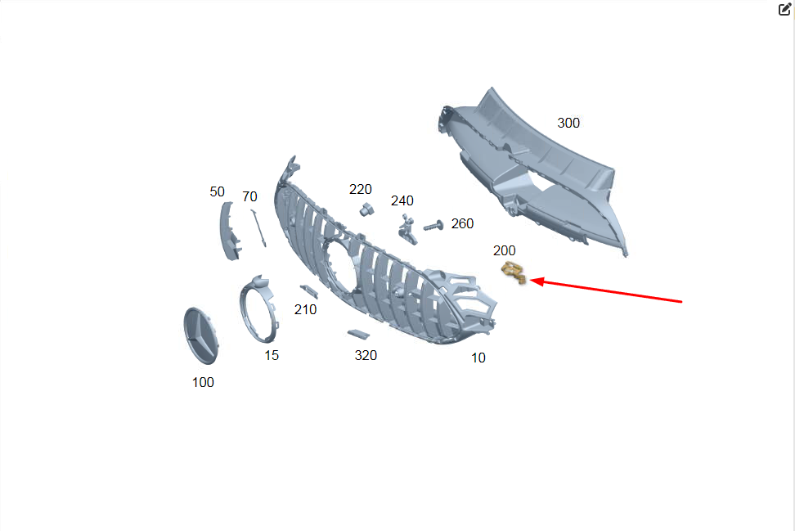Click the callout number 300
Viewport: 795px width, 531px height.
click(x=568, y=123)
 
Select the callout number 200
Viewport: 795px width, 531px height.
click(x=504, y=250)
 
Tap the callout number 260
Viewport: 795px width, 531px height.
click(x=462, y=223)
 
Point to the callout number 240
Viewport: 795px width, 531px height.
click(x=402, y=200)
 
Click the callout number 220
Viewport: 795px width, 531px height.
click(x=361, y=189)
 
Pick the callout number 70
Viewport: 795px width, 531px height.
click(x=249, y=197)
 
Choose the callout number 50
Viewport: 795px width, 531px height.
click(x=217, y=191)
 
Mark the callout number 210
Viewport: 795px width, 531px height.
click(x=305, y=309)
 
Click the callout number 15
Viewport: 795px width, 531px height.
click(x=272, y=355)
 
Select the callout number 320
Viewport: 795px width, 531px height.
click(x=366, y=355)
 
